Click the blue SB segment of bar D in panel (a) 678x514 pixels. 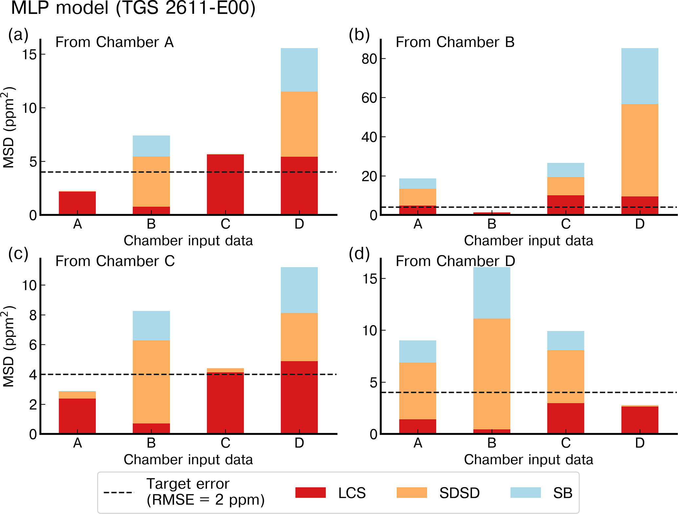(x=299, y=70)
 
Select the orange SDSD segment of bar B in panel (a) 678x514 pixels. (x=151, y=181)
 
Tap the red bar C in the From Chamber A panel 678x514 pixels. (x=225, y=184)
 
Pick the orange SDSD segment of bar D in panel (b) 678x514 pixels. (x=640, y=150)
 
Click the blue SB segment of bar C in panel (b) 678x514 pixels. (x=565, y=170)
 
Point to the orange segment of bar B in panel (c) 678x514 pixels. (x=151, y=381)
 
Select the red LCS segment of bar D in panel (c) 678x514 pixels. (x=299, y=397)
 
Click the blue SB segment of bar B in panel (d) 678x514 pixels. (x=492, y=293)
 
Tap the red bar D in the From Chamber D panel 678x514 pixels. (x=640, y=420)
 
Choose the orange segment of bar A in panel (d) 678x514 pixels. (x=418, y=390)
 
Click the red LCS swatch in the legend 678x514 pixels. (x=310, y=492)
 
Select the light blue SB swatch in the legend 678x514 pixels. (x=525, y=492)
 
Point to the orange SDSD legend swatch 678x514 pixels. (x=412, y=492)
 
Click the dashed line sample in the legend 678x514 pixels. (x=119, y=492)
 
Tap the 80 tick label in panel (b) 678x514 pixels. (x=369, y=59)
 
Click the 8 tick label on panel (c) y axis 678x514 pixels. (x=33, y=315)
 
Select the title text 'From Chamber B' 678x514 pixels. (x=455, y=42)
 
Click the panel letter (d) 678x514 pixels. (x=359, y=254)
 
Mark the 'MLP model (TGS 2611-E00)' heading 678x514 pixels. (x=133, y=8)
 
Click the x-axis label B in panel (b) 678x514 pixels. (x=492, y=224)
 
